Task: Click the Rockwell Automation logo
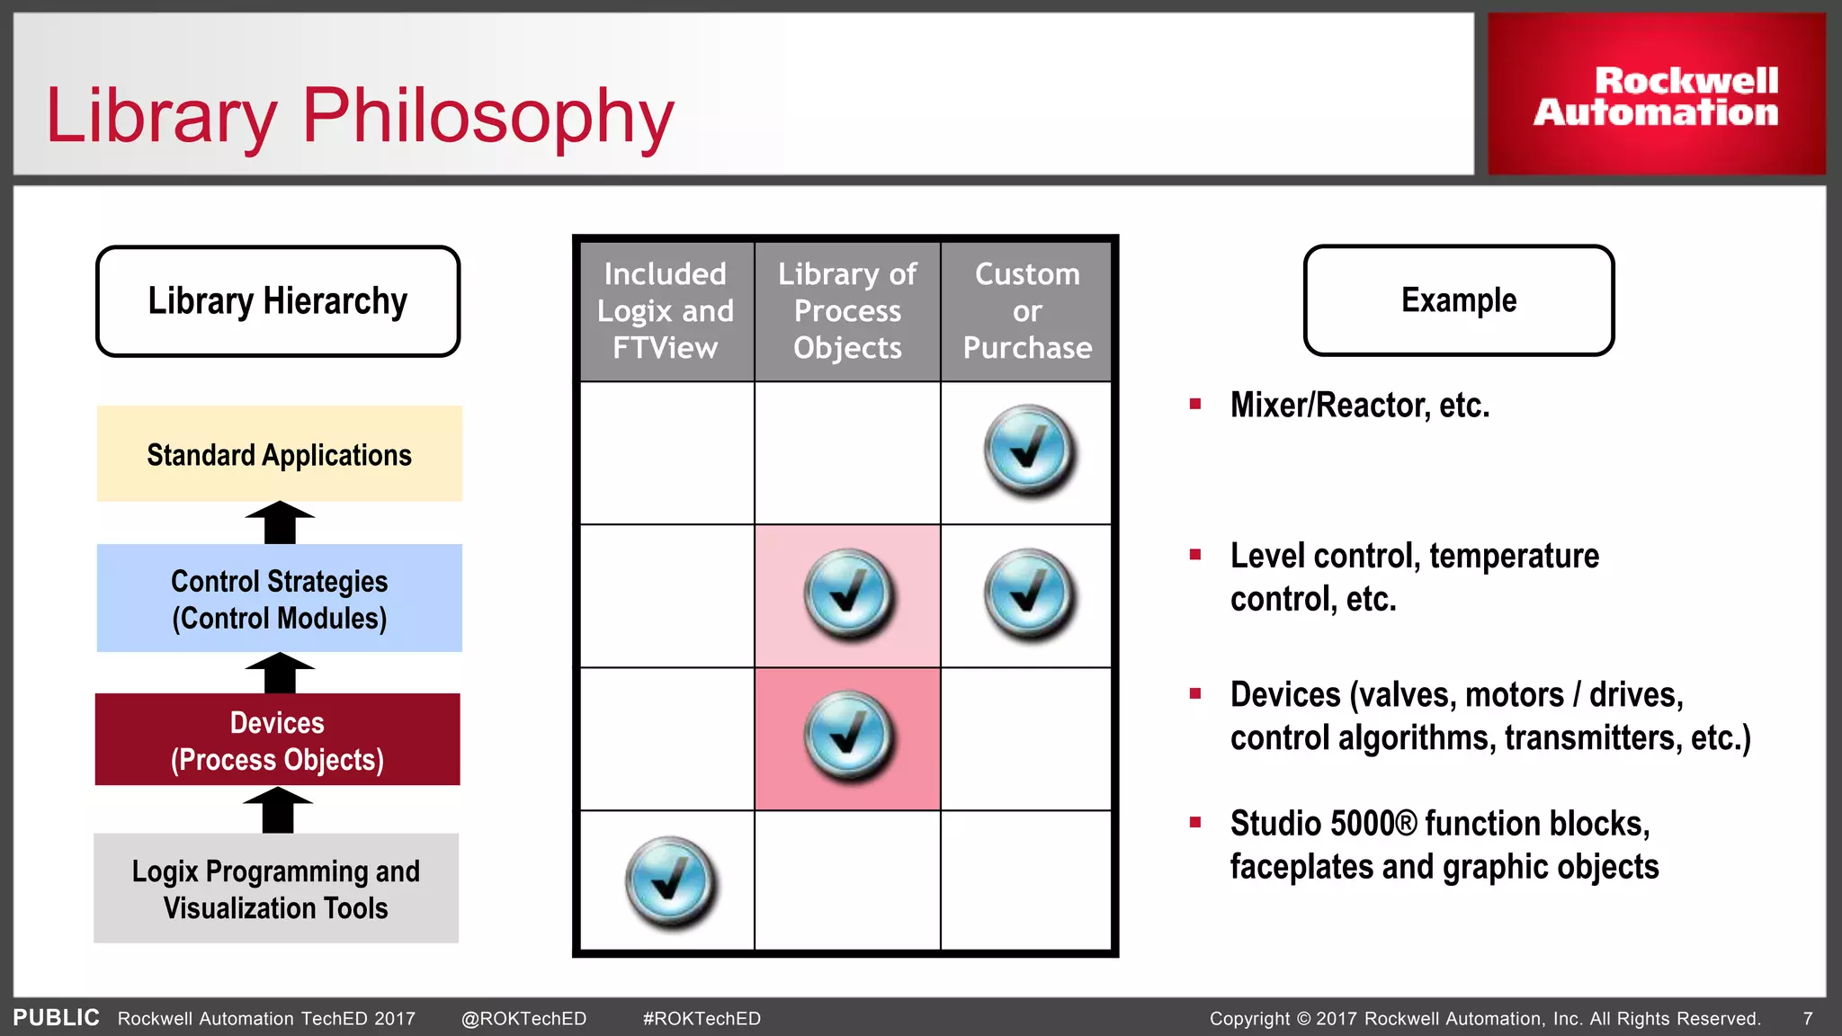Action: click(x=1656, y=95)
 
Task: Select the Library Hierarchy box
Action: click(x=278, y=301)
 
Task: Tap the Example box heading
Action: click(x=1459, y=300)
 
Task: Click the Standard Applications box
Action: click(x=279, y=454)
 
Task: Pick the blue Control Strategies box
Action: click(x=279, y=598)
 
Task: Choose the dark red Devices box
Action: click(x=277, y=740)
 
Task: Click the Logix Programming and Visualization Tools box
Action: click(x=276, y=889)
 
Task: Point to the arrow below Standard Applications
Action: click(x=280, y=522)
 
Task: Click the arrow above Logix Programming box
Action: click(x=278, y=809)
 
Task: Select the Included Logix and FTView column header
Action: click(x=666, y=311)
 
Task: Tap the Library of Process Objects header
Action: click(x=847, y=311)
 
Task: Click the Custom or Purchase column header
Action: click(x=1027, y=311)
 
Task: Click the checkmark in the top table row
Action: click(x=1028, y=450)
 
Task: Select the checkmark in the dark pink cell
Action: click(x=847, y=737)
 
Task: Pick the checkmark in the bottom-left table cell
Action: click(x=669, y=881)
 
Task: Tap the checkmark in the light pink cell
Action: click(x=847, y=594)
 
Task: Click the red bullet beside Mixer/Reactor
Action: click(x=1195, y=405)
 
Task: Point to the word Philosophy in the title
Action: click(x=488, y=117)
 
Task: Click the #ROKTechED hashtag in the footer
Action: click(x=702, y=1019)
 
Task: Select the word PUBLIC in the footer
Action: click(x=56, y=1018)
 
